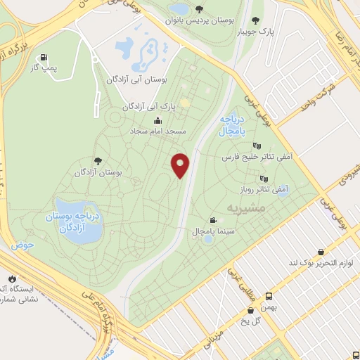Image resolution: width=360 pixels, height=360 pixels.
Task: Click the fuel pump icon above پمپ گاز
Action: [x=44, y=57]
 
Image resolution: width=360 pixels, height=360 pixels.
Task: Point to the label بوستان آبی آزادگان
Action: [x=136, y=81]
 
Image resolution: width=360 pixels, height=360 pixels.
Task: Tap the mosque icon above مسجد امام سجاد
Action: [x=157, y=120]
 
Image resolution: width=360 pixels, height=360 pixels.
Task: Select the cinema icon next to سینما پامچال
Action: [x=213, y=221]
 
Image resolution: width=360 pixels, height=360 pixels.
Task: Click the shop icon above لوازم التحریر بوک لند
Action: [x=321, y=252]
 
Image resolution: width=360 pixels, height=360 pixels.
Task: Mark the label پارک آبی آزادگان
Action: [x=148, y=106]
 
